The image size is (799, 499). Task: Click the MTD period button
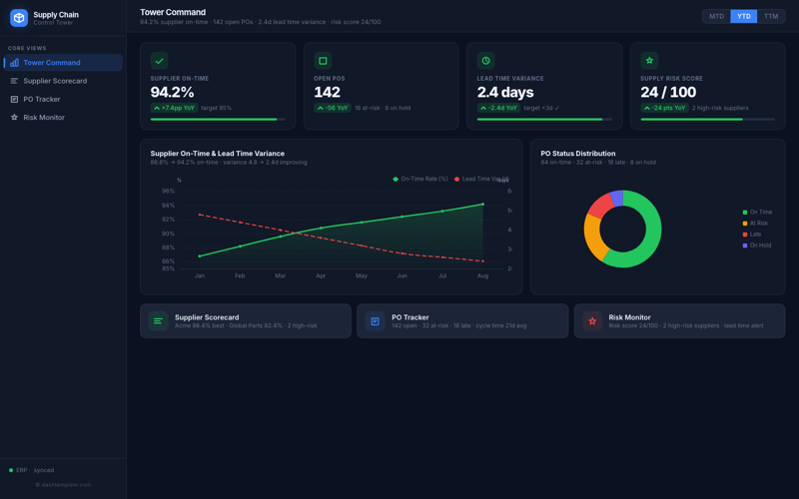tap(716, 16)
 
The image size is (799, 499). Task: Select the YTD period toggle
tap(744, 16)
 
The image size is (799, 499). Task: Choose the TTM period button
tap(771, 16)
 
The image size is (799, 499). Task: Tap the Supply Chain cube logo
tap(19, 18)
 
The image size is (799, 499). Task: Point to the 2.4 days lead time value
tap(513, 92)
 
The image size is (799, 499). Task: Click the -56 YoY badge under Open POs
tap(333, 108)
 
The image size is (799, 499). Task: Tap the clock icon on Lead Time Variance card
tap(485, 61)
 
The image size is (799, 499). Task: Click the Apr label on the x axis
tap(321, 275)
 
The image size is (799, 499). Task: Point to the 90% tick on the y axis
tap(168, 234)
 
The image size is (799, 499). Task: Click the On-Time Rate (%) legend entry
tap(420, 179)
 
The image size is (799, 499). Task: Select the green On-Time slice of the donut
tap(649, 240)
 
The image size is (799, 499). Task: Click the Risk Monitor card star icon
tap(592, 320)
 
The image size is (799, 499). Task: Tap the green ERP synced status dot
tap(11, 470)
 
